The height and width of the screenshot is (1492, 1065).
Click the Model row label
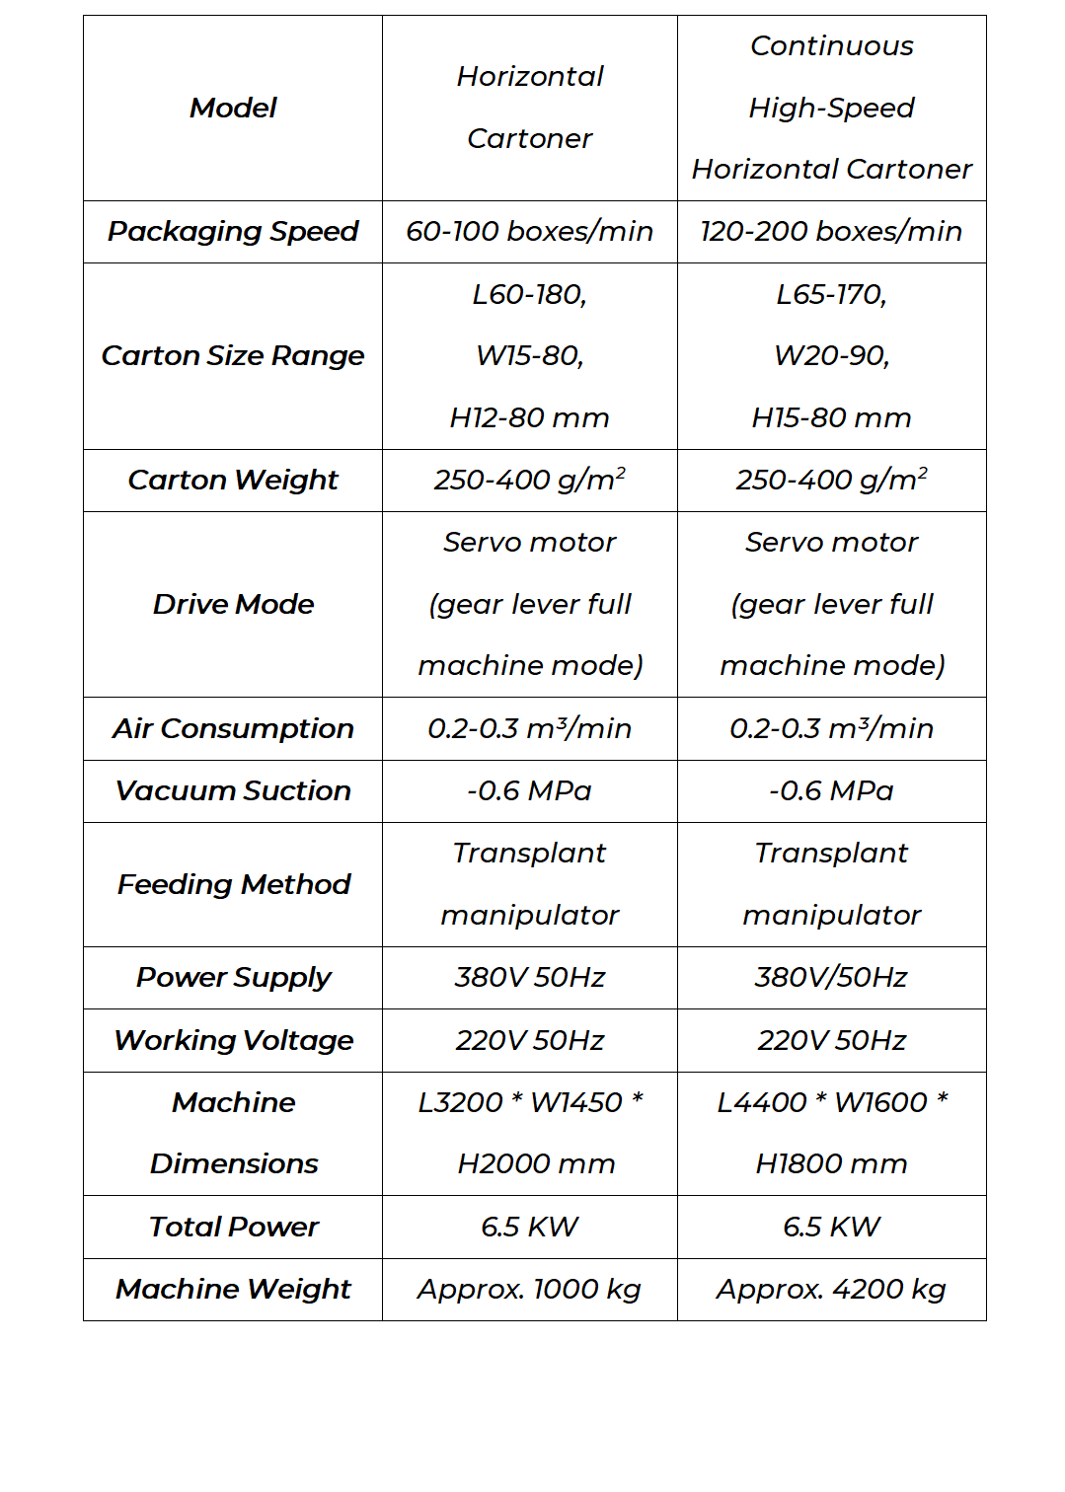pyautogui.click(x=233, y=108)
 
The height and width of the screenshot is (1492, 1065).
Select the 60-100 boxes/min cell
pyautogui.click(x=529, y=232)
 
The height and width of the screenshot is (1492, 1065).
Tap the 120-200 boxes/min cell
pyautogui.click(x=831, y=232)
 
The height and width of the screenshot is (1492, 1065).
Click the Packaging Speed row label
pyautogui.click(x=233, y=232)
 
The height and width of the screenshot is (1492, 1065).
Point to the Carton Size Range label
pyautogui.click(x=233, y=355)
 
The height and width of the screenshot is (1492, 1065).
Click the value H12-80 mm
pyautogui.click(x=529, y=417)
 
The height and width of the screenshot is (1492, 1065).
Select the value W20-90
pyautogui.click(x=831, y=355)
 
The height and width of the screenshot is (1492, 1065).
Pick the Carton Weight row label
pyautogui.click(x=233, y=480)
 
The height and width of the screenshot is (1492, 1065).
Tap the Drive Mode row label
pyautogui.click(x=233, y=604)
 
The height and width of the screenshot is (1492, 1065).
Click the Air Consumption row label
pyautogui.click(x=233, y=728)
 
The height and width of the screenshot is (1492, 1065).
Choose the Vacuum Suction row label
pyautogui.click(x=233, y=790)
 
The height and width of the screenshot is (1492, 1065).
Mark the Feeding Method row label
pyautogui.click(x=233, y=884)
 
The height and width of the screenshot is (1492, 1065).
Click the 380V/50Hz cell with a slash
pyautogui.click(x=831, y=977)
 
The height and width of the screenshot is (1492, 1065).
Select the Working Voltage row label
pyautogui.click(x=233, y=1040)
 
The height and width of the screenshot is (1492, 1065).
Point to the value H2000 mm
pyautogui.click(x=536, y=1164)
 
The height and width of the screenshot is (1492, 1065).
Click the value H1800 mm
pyautogui.click(x=831, y=1164)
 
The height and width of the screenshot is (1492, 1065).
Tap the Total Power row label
pyautogui.click(x=233, y=1227)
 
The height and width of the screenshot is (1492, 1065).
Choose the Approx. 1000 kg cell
pyautogui.click(x=529, y=1289)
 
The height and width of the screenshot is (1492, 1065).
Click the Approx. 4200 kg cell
pyautogui.click(x=831, y=1289)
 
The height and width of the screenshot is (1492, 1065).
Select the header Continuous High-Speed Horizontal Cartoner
pyautogui.click(x=831, y=108)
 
